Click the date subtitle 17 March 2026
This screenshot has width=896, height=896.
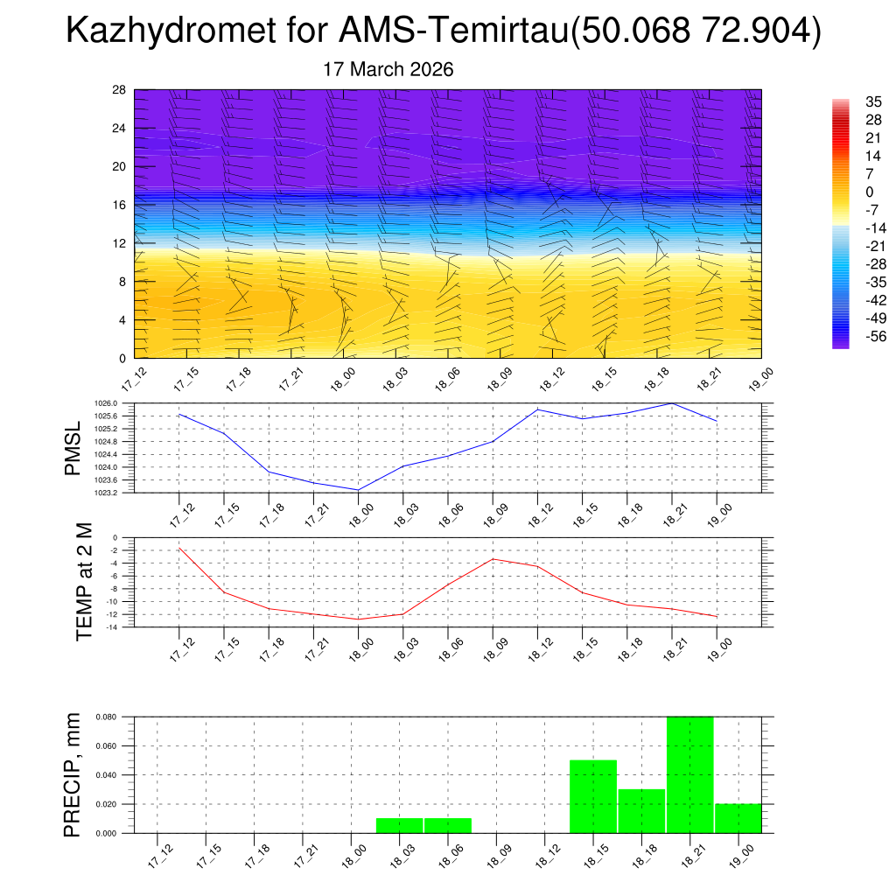click(x=388, y=69)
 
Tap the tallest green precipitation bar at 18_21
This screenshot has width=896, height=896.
click(x=689, y=774)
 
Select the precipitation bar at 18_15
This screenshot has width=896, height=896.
click(x=592, y=796)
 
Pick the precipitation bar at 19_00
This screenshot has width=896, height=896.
click(x=738, y=818)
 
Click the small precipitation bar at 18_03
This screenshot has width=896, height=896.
click(x=399, y=825)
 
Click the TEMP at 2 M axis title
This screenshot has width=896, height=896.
click(x=84, y=581)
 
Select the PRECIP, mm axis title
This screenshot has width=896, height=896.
click(x=73, y=774)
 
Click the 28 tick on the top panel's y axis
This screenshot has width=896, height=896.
click(x=120, y=90)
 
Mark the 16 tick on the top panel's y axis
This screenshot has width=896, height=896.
click(x=120, y=205)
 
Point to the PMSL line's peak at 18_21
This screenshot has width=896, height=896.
click(x=671, y=403)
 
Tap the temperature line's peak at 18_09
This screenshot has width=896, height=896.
click(x=493, y=559)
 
